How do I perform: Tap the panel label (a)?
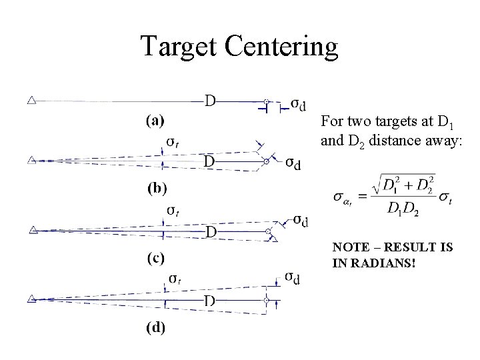pyautogui.click(x=156, y=121)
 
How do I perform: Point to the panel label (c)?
pyautogui.click(x=157, y=257)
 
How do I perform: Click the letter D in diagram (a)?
pyautogui.click(x=209, y=101)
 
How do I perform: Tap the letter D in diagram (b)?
pyautogui.click(x=209, y=162)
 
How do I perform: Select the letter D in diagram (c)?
pyautogui.click(x=209, y=232)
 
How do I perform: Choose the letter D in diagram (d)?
pyautogui.click(x=209, y=301)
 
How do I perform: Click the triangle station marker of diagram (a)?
pyautogui.click(x=31, y=101)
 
